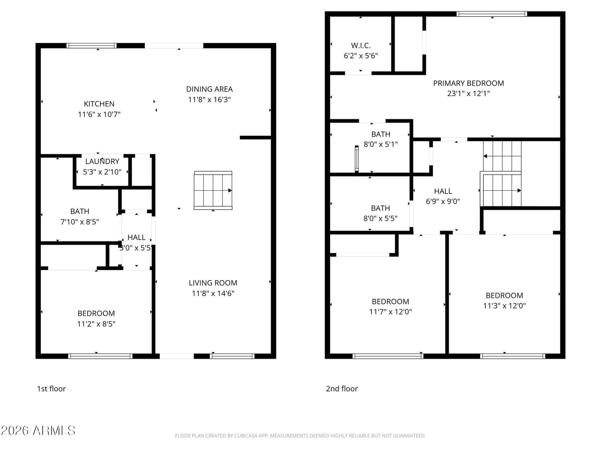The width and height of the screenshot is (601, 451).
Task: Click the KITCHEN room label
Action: click(99, 104)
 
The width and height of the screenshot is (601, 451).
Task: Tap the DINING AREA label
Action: click(210, 89)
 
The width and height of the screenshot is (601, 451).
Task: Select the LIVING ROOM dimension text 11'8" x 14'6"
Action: click(213, 293)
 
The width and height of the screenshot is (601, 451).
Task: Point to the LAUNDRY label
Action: click(102, 161)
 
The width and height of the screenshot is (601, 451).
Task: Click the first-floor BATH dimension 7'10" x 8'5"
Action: click(80, 221)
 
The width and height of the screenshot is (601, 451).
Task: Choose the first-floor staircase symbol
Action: click(213, 190)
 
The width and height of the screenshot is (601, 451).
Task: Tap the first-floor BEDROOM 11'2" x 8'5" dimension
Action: click(96, 324)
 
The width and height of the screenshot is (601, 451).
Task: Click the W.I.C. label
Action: click(361, 45)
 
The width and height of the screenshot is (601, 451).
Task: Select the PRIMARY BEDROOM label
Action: click(468, 83)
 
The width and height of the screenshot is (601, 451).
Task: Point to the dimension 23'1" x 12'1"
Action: click(468, 93)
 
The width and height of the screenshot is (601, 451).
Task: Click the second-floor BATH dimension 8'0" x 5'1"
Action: click(381, 144)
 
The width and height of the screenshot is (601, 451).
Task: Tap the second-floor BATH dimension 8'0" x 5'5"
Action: click(380, 218)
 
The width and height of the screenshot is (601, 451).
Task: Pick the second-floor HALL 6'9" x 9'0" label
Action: click(443, 196)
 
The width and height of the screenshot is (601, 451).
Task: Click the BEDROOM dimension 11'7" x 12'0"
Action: click(390, 311)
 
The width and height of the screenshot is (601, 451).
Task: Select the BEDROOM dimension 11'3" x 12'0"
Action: click(504, 305)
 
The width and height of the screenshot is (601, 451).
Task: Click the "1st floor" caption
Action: click(51, 389)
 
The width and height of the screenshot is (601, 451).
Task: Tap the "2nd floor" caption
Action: click(342, 389)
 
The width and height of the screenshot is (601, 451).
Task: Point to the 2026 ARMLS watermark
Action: click(38, 430)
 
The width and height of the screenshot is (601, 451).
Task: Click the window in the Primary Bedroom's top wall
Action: click(492, 14)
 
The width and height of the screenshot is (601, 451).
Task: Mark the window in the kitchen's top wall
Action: click(91, 45)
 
